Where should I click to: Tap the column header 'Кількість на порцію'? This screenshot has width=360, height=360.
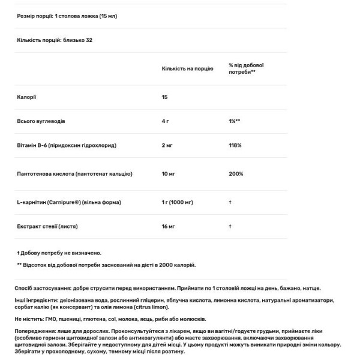[x=187, y=69]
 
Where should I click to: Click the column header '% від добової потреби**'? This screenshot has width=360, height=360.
[x=246, y=69]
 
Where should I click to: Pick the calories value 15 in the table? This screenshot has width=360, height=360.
[x=165, y=96]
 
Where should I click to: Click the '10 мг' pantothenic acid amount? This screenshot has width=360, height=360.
[x=169, y=174]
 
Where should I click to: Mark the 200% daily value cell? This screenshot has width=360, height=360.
[x=235, y=174]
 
